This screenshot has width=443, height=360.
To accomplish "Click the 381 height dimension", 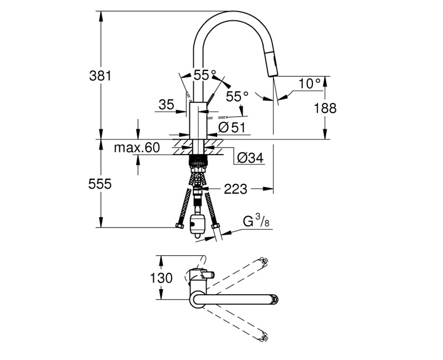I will (x=101, y=76).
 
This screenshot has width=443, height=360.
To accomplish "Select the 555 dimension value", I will (x=101, y=184).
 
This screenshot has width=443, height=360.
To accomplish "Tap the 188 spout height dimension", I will (x=325, y=108).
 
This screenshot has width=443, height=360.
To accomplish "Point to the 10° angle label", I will (x=310, y=84).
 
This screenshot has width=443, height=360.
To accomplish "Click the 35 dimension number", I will (x=166, y=104).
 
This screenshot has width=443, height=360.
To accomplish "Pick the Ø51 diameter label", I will (x=231, y=127).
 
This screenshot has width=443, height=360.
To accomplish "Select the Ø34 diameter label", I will (x=250, y=158).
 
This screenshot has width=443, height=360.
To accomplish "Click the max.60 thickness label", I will (x=136, y=147).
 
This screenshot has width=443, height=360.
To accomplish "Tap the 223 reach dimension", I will (x=235, y=189).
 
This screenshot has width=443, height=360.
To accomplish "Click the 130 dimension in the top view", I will (x=162, y=278).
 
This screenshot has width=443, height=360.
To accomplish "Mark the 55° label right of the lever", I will (x=237, y=96).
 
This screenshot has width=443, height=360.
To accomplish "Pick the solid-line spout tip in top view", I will (x=273, y=300).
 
